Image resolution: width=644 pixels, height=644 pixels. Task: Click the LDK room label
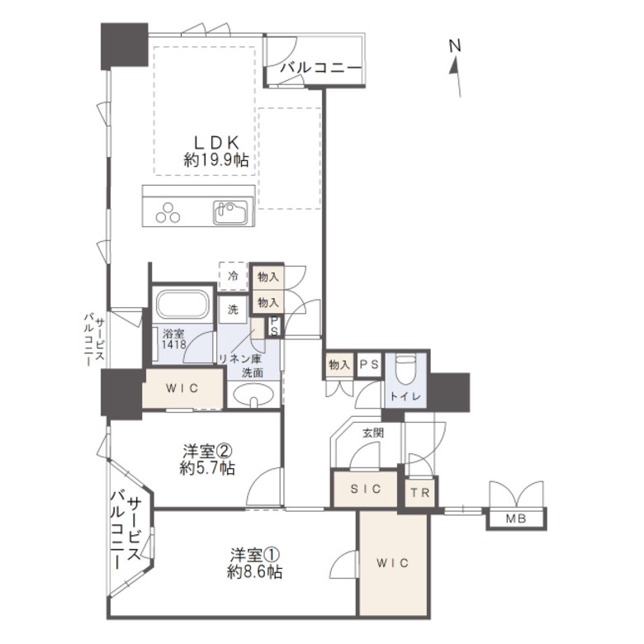(x=216, y=142)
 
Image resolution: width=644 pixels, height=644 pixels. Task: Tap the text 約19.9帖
(x=216, y=160)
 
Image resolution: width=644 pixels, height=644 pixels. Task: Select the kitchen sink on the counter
(x=230, y=211)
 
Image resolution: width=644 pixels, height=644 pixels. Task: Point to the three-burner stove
(x=168, y=213)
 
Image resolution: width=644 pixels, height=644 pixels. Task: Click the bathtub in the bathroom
(x=182, y=304)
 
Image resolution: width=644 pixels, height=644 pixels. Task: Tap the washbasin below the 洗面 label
(x=253, y=395)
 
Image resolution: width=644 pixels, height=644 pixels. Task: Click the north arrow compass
(x=455, y=68)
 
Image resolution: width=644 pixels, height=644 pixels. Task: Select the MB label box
(x=516, y=519)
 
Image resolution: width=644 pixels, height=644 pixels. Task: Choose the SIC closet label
(x=366, y=489)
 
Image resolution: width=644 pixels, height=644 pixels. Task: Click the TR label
(x=420, y=492)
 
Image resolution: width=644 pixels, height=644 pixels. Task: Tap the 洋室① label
(x=254, y=555)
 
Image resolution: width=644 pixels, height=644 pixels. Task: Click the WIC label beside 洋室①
(x=393, y=563)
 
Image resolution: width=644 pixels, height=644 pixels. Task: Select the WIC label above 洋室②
(x=182, y=388)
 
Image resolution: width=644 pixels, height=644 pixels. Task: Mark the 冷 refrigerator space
(x=234, y=276)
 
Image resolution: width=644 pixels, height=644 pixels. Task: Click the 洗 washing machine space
(x=233, y=310)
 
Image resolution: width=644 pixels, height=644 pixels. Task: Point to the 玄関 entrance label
(x=373, y=433)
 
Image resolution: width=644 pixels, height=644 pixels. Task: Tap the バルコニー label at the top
(x=320, y=67)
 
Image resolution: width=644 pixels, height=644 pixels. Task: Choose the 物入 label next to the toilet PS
(x=339, y=365)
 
